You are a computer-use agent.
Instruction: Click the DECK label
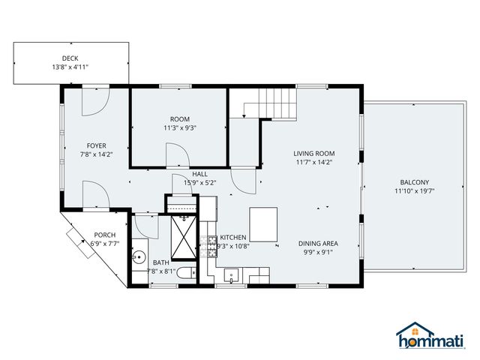pyautogui.click(x=70, y=58)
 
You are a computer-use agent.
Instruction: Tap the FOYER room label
pyautogui.click(x=96, y=146)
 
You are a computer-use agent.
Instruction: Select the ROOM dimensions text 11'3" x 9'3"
pyautogui.click(x=179, y=128)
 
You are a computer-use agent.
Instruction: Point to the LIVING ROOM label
pyautogui.click(x=313, y=153)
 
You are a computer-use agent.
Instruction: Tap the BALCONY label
pyautogui.click(x=414, y=182)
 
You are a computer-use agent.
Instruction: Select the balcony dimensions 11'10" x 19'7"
pyautogui.click(x=414, y=191)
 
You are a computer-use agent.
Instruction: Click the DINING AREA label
pyautogui.click(x=318, y=243)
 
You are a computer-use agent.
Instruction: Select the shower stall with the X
pyautogui.click(x=183, y=236)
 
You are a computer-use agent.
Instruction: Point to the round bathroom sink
pyautogui.click(x=138, y=257)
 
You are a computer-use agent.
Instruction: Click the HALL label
pyautogui.click(x=199, y=173)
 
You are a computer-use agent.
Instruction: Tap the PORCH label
pyautogui.click(x=104, y=235)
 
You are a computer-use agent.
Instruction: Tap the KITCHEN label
pyautogui.click(x=232, y=237)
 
